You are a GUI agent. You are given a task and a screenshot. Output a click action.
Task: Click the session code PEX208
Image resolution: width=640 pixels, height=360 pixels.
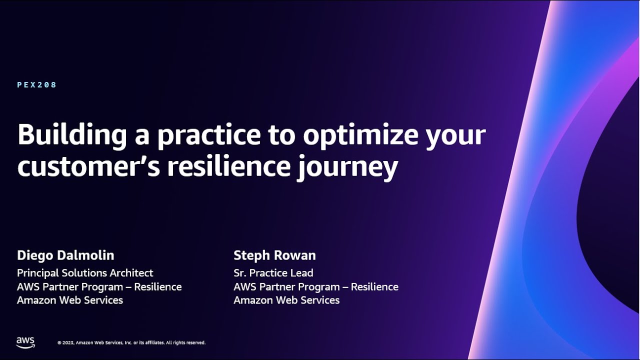(37, 85)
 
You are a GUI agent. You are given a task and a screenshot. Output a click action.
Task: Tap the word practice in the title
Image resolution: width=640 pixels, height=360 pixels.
(209, 135)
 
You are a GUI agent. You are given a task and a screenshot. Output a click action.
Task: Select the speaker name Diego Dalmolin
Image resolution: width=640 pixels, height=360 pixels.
(65, 255)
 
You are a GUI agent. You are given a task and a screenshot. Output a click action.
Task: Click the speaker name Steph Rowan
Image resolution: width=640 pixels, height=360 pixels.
(274, 255)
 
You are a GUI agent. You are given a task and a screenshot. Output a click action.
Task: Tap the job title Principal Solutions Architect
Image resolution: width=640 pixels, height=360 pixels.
(85, 273)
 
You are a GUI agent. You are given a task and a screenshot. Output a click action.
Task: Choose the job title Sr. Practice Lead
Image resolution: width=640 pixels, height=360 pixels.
(273, 273)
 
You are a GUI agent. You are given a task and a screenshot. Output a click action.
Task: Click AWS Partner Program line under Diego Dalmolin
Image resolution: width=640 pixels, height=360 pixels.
(99, 287)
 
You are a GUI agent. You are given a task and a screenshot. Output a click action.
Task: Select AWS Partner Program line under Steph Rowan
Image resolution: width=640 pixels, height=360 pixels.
(316, 287)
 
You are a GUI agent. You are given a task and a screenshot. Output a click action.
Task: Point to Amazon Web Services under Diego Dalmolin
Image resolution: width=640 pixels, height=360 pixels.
(70, 300)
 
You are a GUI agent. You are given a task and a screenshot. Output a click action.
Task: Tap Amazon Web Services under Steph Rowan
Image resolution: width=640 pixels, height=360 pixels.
(286, 300)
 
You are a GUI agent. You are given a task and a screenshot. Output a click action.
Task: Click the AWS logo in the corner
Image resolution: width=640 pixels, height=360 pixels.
(25, 342)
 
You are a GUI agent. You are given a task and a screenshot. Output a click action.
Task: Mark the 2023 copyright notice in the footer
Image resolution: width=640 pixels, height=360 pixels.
(131, 343)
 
